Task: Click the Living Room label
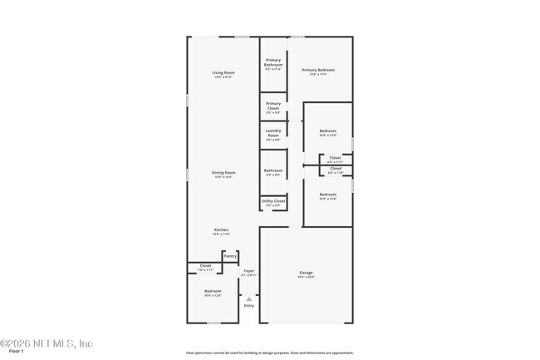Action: point(223,73)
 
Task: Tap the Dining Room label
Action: point(223,173)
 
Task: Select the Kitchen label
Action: point(221,229)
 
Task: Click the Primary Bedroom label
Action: point(319,71)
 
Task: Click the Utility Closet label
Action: point(273,200)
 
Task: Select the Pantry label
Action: point(230,256)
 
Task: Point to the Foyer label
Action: point(248,271)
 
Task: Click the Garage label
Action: point(306,272)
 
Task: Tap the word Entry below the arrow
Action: point(248,306)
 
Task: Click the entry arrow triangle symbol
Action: point(248,298)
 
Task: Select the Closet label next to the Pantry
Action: point(205,265)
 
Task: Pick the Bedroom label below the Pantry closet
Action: point(213,291)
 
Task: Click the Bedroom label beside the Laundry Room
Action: point(328,131)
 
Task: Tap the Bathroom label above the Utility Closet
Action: point(273,170)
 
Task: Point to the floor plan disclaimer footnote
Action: point(269,353)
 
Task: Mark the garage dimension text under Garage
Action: point(306,277)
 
